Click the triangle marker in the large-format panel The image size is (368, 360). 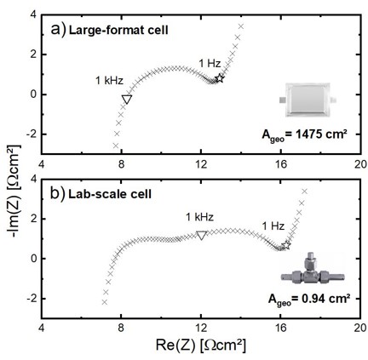127,99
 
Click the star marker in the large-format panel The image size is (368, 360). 220,78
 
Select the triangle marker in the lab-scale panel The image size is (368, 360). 202,236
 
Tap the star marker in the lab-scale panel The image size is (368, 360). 286,245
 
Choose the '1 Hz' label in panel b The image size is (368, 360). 273,226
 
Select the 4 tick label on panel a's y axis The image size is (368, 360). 32,14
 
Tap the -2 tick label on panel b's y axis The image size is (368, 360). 31,299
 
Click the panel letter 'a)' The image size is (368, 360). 59,30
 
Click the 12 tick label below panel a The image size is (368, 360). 201,164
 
